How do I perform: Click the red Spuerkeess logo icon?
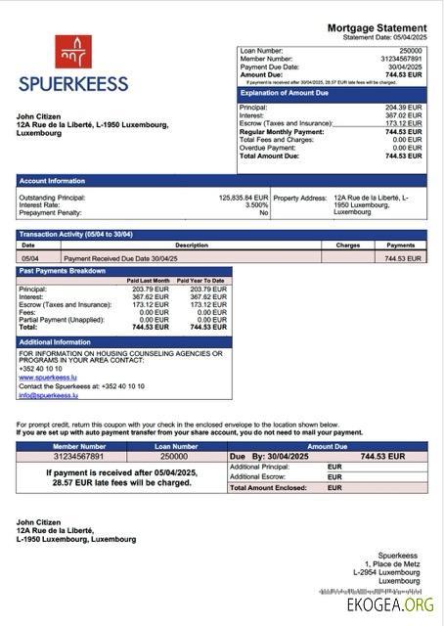(x=72, y=51)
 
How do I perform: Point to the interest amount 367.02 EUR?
(x=403, y=115)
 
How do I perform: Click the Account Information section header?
(x=52, y=181)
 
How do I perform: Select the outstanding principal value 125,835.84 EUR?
(x=243, y=197)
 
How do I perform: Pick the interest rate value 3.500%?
(x=256, y=204)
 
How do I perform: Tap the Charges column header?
(x=347, y=246)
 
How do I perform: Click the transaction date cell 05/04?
(x=30, y=258)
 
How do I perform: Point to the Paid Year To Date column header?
(x=200, y=281)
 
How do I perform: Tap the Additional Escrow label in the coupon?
(x=259, y=476)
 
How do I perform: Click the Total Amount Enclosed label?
(x=271, y=487)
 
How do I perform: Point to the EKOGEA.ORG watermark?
(x=389, y=605)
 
